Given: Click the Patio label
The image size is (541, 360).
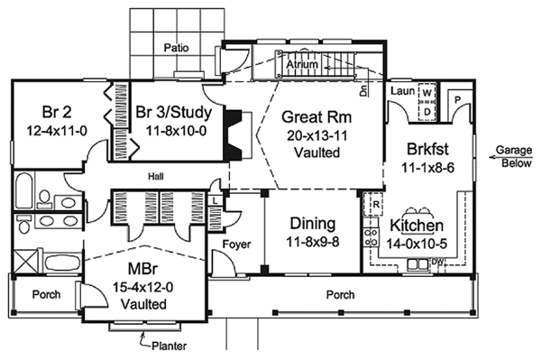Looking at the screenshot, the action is (177, 48).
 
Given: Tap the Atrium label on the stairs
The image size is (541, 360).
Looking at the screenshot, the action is (302, 64).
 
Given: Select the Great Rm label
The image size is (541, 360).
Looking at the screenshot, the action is (316, 117).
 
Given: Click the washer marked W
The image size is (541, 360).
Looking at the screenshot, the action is (427, 93).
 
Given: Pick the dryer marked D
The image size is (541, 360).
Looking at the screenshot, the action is (427, 112).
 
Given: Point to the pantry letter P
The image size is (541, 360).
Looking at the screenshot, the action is (457, 100).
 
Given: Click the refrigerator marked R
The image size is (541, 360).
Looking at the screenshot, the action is (376, 204).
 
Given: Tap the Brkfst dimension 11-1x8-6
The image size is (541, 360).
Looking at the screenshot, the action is (427, 168).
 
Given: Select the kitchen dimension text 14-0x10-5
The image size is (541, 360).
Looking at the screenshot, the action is (417, 244).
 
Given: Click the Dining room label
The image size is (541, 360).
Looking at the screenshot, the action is (313, 224).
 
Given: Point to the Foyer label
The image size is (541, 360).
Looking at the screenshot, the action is (236, 245).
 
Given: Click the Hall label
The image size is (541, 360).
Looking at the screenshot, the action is (156, 177).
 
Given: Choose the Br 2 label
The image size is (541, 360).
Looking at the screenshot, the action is (57, 112).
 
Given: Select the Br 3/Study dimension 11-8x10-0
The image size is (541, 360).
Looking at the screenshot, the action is (176, 131).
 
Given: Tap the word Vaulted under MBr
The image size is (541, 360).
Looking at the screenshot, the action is (144, 304).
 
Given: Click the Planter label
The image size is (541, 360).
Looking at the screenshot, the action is (170, 346).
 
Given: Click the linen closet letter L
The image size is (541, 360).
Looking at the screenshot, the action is (215, 200).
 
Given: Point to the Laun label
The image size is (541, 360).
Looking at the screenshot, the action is (402, 91).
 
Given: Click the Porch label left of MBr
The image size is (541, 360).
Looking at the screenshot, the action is (46, 294).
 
